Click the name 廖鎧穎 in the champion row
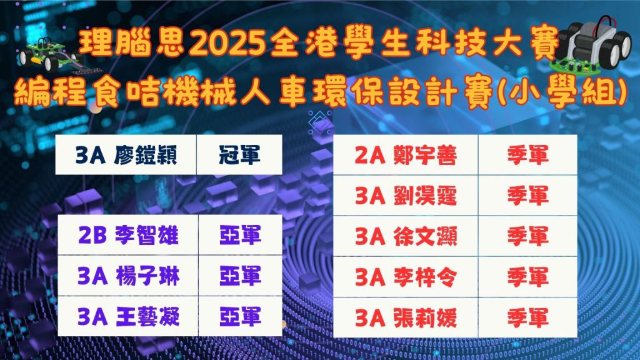click(x=145, y=155)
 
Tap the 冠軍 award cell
click(x=239, y=155)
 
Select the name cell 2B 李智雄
click(x=127, y=235)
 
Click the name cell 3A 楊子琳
click(x=127, y=276)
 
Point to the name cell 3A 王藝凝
click(x=127, y=316)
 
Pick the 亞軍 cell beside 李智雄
click(x=241, y=235)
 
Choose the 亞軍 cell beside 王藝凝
click(x=241, y=316)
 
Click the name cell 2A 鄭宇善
click(x=405, y=155)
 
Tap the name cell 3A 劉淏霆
click(x=405, y=196)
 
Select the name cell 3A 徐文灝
click(x=405, y=236)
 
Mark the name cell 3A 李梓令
click(x=405, y=277)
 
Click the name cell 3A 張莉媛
click(x=405, y=317)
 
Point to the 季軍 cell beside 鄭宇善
click(x=527, y=155)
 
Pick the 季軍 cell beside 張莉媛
click(x=527, y=317)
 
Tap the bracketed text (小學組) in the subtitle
click(x=563, y=94)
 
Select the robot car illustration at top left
click(x=49, y=56)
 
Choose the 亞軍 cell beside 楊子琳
click(x=241, y=276)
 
